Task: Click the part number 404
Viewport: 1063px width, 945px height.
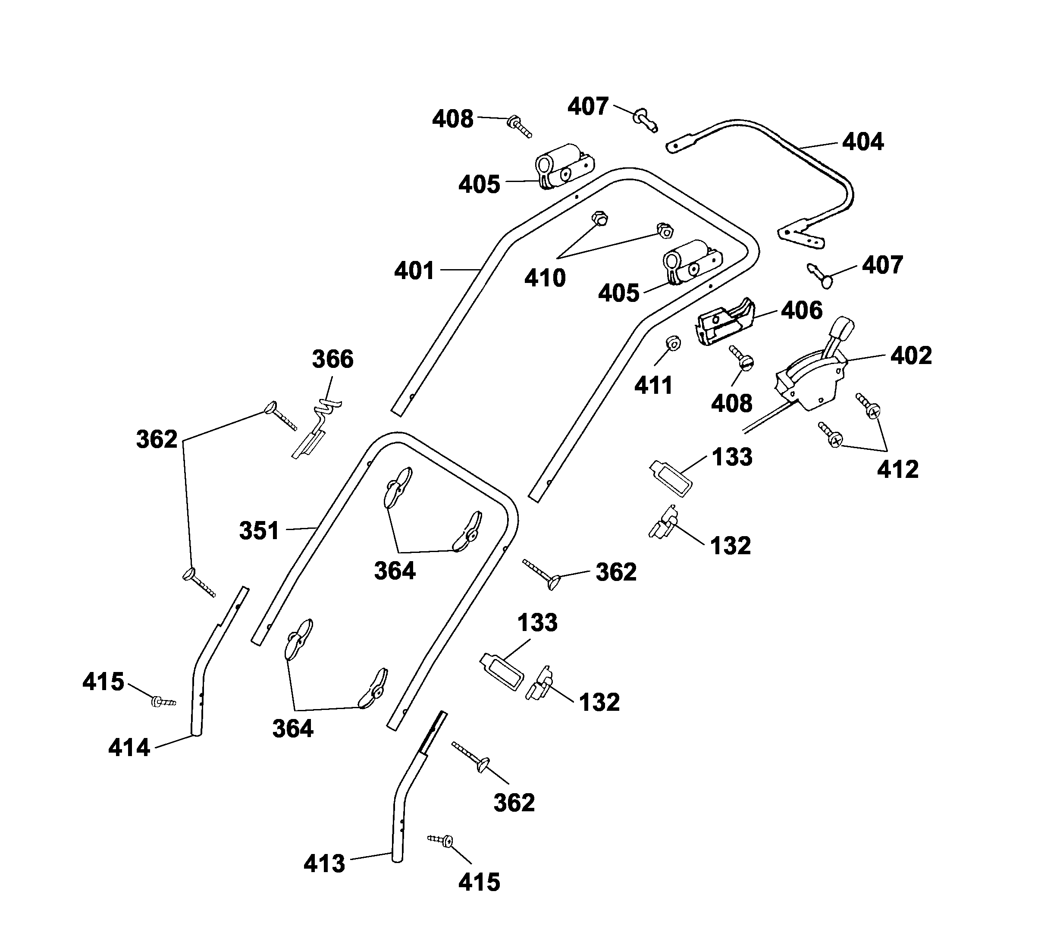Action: [x=863, y=141]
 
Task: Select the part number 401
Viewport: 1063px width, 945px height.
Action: [x=414, y=271]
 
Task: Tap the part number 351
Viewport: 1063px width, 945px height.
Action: [x=259, y=531]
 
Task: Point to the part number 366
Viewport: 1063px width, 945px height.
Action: [x=332, y=359]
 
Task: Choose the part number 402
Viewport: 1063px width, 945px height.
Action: [x=911, y=356]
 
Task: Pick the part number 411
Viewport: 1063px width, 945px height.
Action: [x=653, y=386]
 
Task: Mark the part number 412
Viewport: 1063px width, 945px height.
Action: [x=898, y=469]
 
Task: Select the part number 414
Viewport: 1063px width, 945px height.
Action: [x=129, y=748]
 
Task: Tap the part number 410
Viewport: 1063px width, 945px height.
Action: [x=545, y=278]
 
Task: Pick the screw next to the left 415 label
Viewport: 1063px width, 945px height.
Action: [x=163, y=702]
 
